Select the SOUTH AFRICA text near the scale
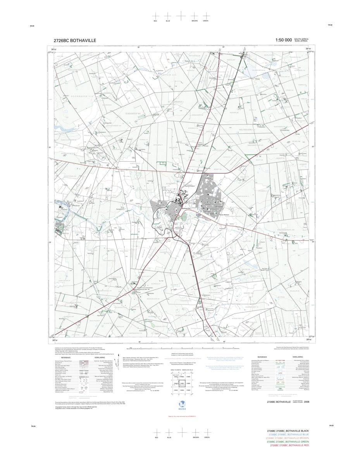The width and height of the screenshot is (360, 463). [301, 39]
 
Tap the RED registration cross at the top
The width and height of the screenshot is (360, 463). [156, 16]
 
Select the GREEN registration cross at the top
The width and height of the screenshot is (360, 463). [206, 16]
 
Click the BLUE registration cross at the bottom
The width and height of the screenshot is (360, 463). [169, 432]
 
